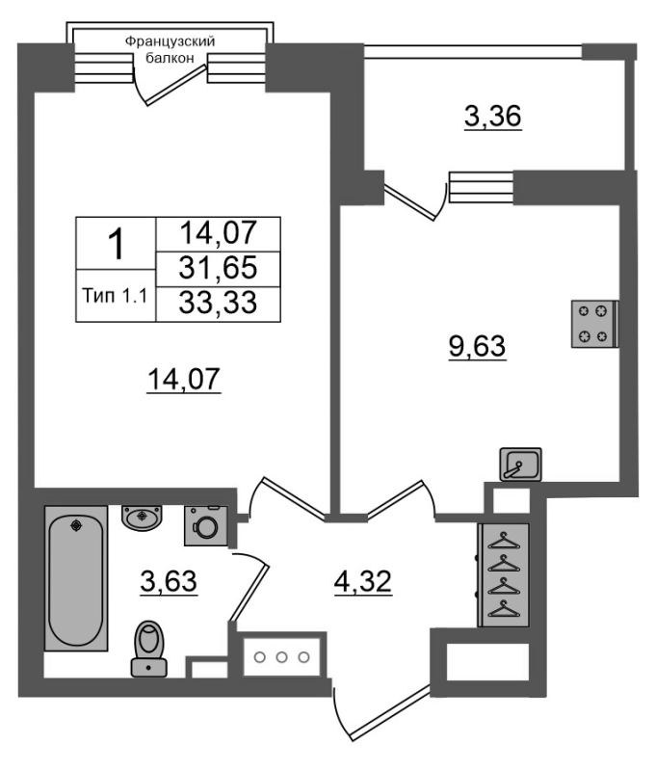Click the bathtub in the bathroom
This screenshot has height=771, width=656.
pyautogui.click(x=76, y=578)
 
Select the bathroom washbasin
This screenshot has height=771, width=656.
pyautogui.click(x=142, y=518)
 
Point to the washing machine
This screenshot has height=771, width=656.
pyautogui.click(x=206, y=525)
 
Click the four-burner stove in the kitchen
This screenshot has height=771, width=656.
pyautogui.click(x=595, y=324)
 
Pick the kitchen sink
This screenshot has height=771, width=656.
pyautogui.click(x=520, y=465)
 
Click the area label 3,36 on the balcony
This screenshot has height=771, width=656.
pyautogui.click(x=493, y=117)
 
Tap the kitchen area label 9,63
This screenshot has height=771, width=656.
pyautogui.click(x=477, y=346)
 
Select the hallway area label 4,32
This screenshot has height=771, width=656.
pyautogui.click(x=363, y=582)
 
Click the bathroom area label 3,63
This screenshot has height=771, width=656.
pyautogui.click(x=169, y=582)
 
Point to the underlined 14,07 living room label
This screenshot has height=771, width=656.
pyautogui.click(x=184, y=379)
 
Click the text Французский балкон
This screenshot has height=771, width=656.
pyautogui.click(x=170, y=49)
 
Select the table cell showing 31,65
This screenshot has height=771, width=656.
pyautogui.click(x=218, y=269)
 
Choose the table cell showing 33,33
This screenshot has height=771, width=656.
pyautogui.click(x=218, y=304)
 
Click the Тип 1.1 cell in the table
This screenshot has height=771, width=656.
pyautogui.click(x=116, y=296)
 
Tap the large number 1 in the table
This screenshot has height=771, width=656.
pyautogui.click(x=117, y=245)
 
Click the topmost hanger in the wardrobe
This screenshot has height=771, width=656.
pyautogui.click(x=504, y=541)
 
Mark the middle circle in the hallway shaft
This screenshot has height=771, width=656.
pyautogui.click(x=281, y=657)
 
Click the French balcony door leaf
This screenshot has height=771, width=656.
pyautogui.click(x=175, y=85)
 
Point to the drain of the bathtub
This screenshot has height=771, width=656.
pyautogui.click(x=76, y=525)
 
